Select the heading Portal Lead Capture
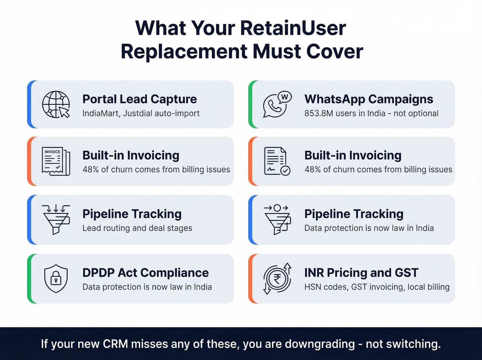[x=139, y=99]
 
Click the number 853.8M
[x=317, y=113]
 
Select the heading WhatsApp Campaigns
[x=369, y=99]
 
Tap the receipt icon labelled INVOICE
[x=56, y=161]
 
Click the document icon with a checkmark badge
[x=277, y=161]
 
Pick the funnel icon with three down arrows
[x=56, y=219]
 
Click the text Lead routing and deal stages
[x=137, y=228]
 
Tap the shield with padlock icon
[x=56, y=278]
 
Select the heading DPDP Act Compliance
[x=145, y=273]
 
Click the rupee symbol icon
[x=277, y=278]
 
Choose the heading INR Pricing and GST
[x=361, y=273]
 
